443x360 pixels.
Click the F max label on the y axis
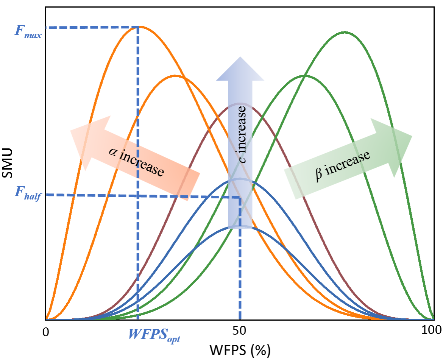[x=28, y=31]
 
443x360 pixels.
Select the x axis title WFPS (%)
[x=239, y=350]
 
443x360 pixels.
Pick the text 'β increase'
[x=342, y=166]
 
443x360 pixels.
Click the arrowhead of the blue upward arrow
[x=240, y=68]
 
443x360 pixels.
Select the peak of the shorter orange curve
[x=175, y=75]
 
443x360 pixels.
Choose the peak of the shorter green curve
[x=305, y=75]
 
